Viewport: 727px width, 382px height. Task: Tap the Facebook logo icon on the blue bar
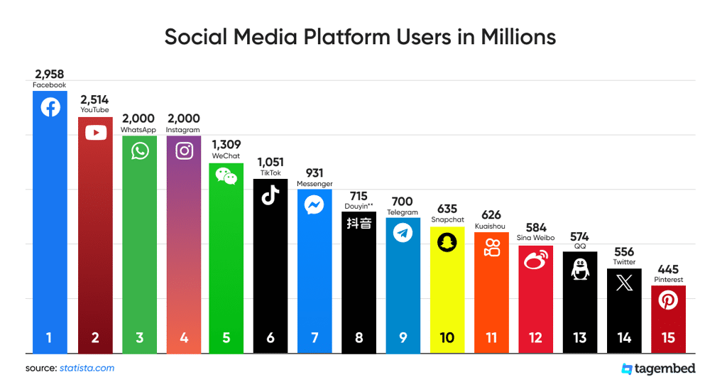click(50, 107)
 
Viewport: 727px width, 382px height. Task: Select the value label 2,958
click(50, 74)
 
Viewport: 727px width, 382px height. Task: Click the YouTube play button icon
click(95, 133)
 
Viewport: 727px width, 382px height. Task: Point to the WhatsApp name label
click(138, 130)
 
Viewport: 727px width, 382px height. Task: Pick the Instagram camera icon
click(184, 151)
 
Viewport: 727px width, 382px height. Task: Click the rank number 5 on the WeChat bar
click(226, 338)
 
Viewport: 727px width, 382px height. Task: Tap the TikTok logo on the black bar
click(270, 196)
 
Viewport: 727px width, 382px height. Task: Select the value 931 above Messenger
click(315, 173)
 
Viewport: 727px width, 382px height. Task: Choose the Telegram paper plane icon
click(403, 233)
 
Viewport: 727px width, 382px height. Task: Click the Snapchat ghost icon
click(447, 242)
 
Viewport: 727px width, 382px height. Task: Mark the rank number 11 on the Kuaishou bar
click(491, 338)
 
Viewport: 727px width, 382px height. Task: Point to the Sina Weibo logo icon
click(535, 261)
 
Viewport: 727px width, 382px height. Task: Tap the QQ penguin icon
click(579, 268)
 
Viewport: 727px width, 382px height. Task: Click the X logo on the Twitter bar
click(624, 284)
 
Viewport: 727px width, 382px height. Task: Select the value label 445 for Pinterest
click(668, 269)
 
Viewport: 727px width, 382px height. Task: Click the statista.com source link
click(87, 368)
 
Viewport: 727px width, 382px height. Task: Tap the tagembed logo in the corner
click(657, 369)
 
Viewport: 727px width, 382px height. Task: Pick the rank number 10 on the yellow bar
click(447, 338)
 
